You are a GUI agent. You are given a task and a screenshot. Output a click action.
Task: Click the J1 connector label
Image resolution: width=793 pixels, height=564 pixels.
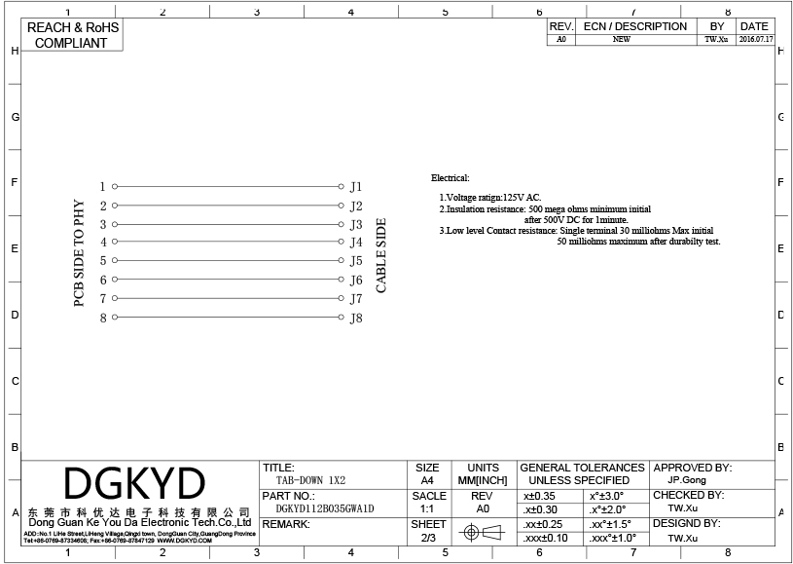click(x=356, y=186)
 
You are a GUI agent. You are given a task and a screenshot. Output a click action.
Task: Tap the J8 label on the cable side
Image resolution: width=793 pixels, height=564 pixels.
click(x=356, y=318)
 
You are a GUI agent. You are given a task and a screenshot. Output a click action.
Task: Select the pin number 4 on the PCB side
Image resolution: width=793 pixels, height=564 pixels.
click(x=103, y=242)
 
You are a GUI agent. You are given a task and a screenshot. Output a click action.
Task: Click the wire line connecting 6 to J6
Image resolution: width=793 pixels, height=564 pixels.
click(x=229, y=280)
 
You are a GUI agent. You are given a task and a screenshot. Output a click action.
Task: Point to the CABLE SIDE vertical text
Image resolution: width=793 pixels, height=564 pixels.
click(x=381, y=255)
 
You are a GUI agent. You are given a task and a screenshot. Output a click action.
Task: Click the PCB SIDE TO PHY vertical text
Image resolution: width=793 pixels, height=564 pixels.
click(x=80, y=254)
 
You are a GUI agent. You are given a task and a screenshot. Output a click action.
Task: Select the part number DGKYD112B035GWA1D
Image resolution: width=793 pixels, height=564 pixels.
click(x=325, y=508)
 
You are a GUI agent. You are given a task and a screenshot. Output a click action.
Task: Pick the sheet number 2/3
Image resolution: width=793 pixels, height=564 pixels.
click(x=428, y=538)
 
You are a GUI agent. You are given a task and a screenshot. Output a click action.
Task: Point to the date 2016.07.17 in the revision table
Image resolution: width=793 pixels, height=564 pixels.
click(x=755, y=40)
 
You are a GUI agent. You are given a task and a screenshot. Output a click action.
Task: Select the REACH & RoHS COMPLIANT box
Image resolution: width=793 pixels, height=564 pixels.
click(x=73, y=35)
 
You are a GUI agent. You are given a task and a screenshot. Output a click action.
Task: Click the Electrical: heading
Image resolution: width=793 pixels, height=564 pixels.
click(x=450, y=178)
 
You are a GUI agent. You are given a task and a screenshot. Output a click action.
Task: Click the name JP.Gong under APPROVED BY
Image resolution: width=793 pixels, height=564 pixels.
click(x=687, y=480)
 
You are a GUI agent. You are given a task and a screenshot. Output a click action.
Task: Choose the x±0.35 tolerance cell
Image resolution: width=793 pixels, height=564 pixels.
click(x=541, y=496)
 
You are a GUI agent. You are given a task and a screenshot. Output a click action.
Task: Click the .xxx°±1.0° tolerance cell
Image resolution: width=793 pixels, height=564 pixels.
click(x=613, y=538)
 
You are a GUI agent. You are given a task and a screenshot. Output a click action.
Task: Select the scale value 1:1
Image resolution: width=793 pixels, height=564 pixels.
click(x=427, y=508)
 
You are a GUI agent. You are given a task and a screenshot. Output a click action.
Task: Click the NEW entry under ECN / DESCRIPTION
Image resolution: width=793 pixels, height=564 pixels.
click(x=621, y=40)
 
